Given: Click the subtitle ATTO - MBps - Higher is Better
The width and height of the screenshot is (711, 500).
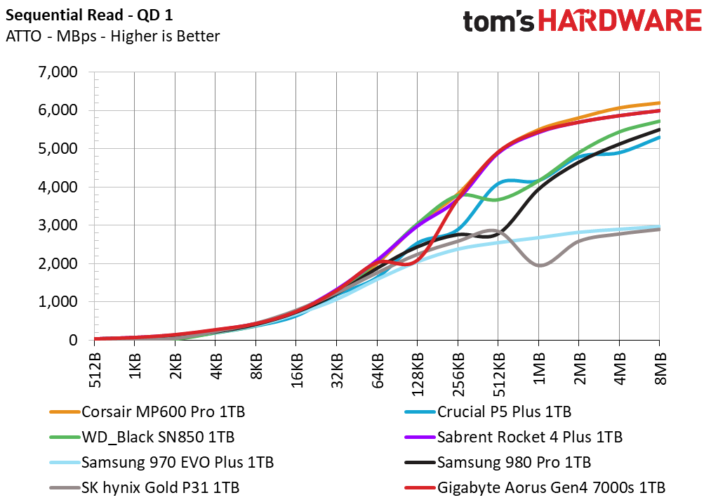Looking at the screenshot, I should click(x=112, y=36).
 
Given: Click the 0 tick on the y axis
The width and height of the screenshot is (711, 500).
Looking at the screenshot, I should click(x=79, y=340).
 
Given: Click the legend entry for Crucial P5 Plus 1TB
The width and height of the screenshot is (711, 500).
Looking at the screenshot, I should click(x=504, y=412).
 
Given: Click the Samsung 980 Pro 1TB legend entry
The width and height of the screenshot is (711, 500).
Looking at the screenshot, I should click(x=513, y=462).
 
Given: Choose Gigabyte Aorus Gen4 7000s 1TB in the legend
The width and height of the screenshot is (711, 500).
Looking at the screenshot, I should click(x=550, y=487).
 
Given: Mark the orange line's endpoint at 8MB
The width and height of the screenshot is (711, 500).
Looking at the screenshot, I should click(x=659, y=103).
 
